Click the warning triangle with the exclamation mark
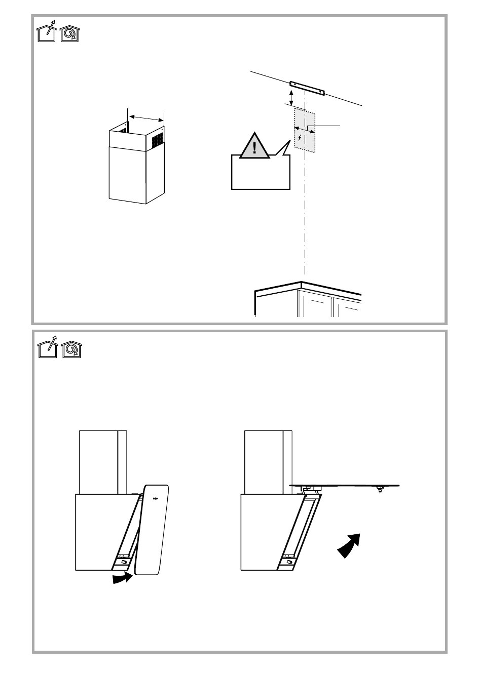(x=254, y=147)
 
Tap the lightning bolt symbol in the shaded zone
(x=300, y=138)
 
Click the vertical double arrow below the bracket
(x=291, y=98)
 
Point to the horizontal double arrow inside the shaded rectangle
(x=305, y=130)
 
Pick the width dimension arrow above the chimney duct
(x=145, y=117)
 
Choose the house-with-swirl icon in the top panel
(x=70, y=34)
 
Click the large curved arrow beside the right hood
(x=349, y=546)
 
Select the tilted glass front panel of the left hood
(x=153, y=529)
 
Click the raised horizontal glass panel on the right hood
(x=345, y=485)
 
